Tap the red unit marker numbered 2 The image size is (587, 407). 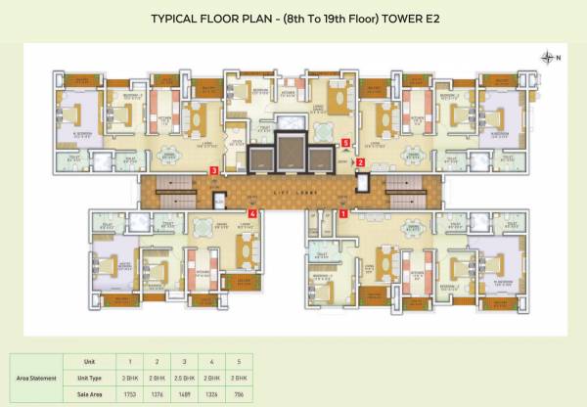(x=360, y=162)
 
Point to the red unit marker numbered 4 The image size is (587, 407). (x=252, y=212)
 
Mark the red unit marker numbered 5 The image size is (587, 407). (x=345, y=142)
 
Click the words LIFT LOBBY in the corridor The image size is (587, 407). (x=294, y=184)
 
